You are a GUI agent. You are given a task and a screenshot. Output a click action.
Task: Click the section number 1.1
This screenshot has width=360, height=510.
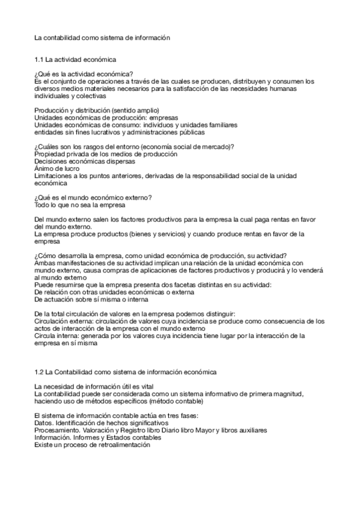click(39, 60)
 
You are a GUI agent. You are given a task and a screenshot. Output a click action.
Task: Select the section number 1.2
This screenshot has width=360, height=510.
click(39, 373)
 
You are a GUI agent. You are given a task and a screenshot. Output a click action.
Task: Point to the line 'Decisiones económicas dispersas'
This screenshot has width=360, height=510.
click(85, 162)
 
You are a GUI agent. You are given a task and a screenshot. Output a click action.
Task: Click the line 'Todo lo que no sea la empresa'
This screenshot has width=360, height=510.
click(80, 205)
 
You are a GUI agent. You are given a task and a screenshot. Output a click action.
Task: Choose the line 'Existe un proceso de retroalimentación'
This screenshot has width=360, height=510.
click(93, 445)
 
